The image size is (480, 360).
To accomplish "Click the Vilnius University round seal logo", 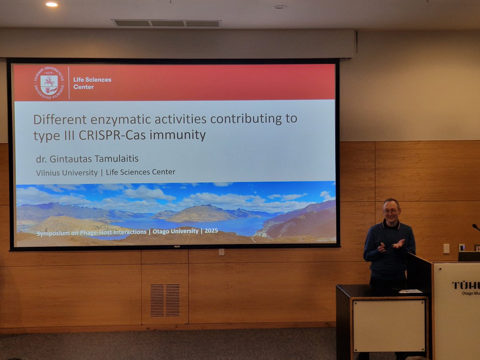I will point(49,83).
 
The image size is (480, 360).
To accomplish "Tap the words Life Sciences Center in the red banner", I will point(92,83).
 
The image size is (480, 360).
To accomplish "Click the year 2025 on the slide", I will point(211,231).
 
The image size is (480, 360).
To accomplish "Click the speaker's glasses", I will point(390,210).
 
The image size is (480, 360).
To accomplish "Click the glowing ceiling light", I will point(51,4).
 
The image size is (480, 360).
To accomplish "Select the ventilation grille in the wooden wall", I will point(165,300).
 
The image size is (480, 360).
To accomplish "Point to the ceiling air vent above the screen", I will point(166,23).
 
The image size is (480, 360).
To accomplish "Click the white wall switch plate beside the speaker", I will point(446,248).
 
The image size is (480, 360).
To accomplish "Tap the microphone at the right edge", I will point(476,227).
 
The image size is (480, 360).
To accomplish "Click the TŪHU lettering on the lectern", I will point(466,285).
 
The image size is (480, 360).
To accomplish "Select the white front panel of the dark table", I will point(389,325).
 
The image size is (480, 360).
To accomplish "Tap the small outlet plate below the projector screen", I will point(221,252).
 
